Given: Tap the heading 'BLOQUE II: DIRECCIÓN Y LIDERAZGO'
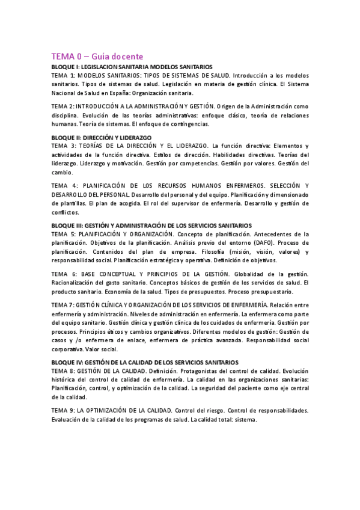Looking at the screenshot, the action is click(x=102, y=138).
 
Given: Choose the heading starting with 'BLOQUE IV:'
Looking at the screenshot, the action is click(x=145, y=362).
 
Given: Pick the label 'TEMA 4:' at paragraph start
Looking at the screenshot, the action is click(x=64, y=185).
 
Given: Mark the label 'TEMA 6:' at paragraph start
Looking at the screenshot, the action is click(x=64, y=274).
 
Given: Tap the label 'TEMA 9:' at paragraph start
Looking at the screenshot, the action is click(x=64, y=410).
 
